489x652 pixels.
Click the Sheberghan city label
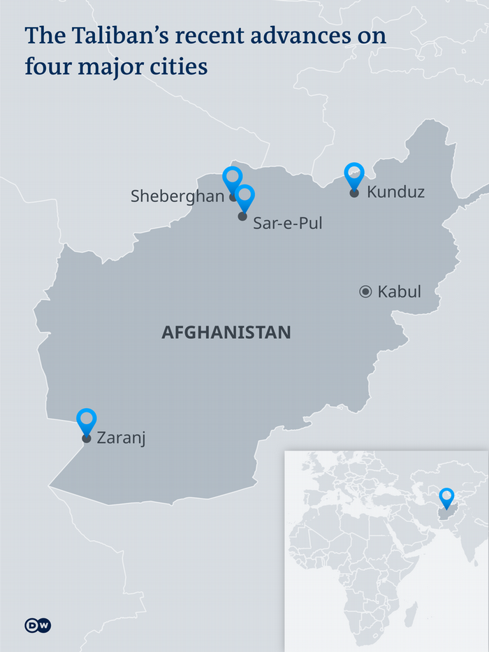click(177, 196)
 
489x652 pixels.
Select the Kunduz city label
click(395, 191)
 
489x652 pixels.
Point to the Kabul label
click(399, 292)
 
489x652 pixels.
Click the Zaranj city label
click(121, 439)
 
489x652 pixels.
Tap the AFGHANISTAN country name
click(226, 333)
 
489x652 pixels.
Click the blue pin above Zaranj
click(87, 419)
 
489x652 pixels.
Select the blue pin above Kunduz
click(355, 174)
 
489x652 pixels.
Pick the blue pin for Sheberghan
click(232, 178)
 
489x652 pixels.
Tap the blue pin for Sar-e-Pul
click(245, 196)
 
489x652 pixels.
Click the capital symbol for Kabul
click(365, 292)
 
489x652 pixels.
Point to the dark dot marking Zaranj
click(87, 439)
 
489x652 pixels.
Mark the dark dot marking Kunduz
click(354, 193)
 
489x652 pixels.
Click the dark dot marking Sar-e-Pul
click(242, 217)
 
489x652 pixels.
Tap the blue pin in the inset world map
click(446, 497)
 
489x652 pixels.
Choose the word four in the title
click(46, 67)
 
